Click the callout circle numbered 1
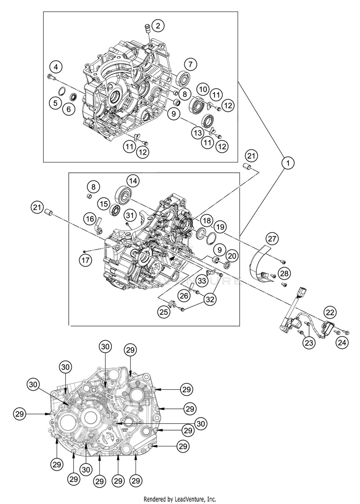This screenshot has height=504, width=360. point(288,163)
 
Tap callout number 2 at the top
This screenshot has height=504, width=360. point(158,25)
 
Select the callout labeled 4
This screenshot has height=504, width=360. point(57,66)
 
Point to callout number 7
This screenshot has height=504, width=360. point(191,63)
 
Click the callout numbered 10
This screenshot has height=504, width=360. point(203,89)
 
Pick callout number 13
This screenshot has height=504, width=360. point(198,132)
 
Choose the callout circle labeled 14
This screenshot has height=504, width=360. point(133,181)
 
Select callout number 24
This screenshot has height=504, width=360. point(342,343)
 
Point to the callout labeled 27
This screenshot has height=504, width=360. point(272,239)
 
